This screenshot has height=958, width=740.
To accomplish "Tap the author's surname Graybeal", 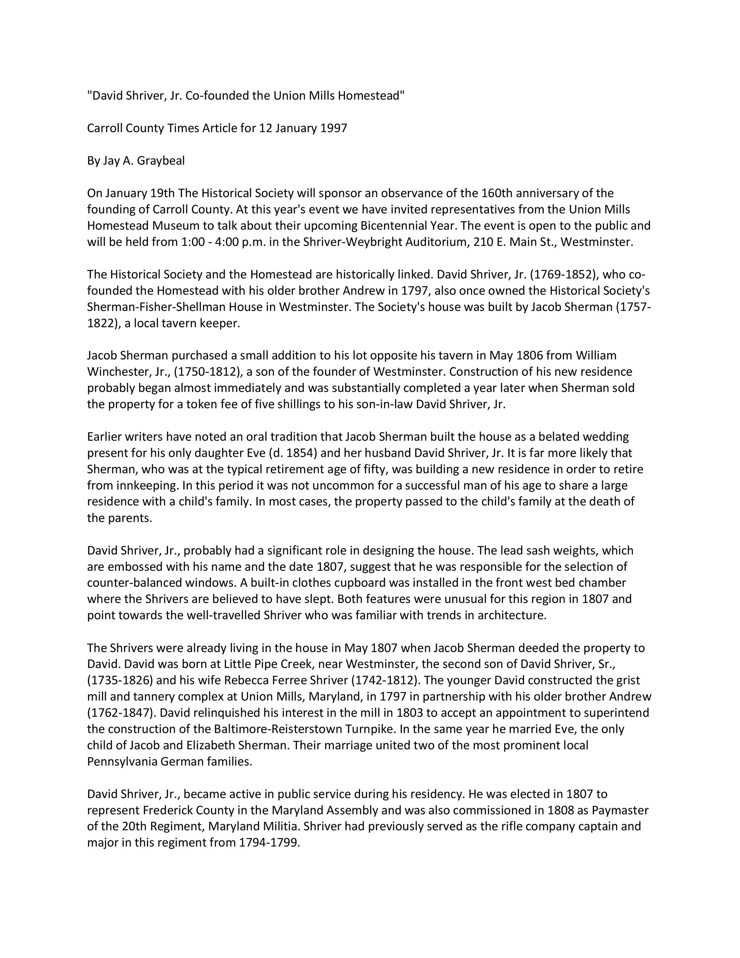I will pos(161,161).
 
